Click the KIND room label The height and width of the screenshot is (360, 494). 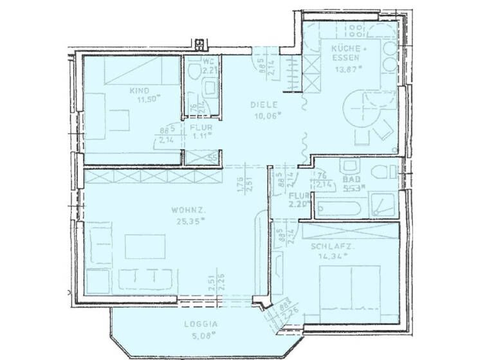click(138, 91)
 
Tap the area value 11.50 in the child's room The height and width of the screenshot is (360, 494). click(147, 100)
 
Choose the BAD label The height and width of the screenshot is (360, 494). click(351, 180)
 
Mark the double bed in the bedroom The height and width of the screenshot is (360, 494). click(351, 289)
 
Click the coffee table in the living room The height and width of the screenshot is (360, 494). click(145, 246)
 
